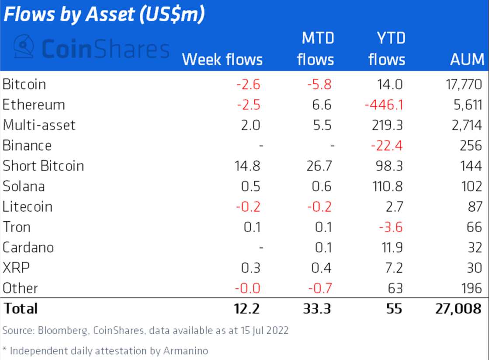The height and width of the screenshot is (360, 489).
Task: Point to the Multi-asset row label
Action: click(x=39, y=125)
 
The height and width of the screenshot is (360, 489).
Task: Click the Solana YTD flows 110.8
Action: click(x=385, y=186)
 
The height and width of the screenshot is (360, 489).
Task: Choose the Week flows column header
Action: click(x=222, y=59)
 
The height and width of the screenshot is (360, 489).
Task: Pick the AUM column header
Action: click(x=467, y=59)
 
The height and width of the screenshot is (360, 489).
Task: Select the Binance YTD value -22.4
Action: click(x=386, y=146)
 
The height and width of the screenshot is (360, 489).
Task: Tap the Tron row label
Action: click(x=16, y=227)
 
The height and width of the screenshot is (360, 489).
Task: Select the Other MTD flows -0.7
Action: click(x=320, y=288)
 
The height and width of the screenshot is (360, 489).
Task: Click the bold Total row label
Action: click(x=20, y=308)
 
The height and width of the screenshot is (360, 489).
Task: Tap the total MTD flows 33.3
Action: click(x=317, y=308)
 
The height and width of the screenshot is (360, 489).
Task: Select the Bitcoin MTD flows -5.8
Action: click(x=319, y=84)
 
